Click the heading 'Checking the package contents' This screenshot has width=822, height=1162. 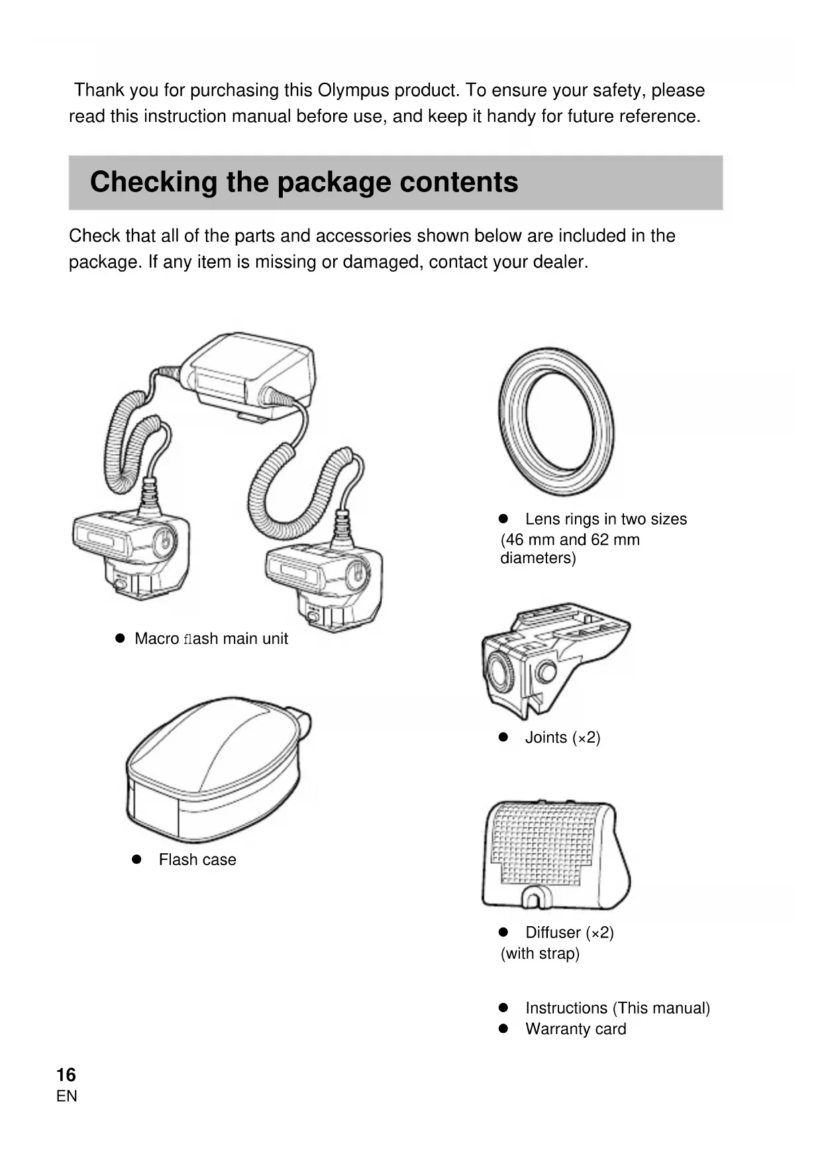[x=304, y=182]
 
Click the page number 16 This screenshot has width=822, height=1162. [x=66, y=1075]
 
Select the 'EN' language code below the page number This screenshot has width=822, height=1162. [x=67, y=1096]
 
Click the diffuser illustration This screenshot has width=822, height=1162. [x=555, y=855]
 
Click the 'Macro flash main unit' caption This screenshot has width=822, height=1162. [x=211, y=639]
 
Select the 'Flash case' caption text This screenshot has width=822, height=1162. [x=197, y=860]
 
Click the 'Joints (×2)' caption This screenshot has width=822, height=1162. [x=562, y=738]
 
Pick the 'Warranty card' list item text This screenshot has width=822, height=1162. [x=576, y=1030]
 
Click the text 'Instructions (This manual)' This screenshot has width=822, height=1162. [x=617, y=1008]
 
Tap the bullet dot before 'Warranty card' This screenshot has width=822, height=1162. [x=503, y=1029]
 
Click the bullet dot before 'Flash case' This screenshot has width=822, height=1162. [x=137, y=859]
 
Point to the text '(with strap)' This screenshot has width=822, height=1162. [x=540, y=953]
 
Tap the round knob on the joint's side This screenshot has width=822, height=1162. [x=546, y=672]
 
